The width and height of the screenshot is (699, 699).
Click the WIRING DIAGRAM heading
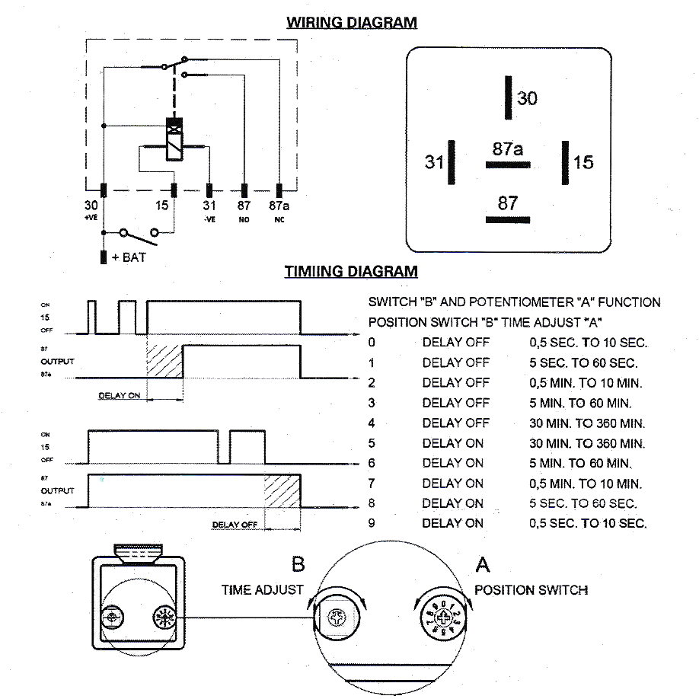coord(351,22)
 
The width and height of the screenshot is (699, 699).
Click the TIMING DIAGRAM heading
coord(351,271)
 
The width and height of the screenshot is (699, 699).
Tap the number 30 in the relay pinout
coord(527,98)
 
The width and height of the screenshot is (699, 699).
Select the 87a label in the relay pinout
coord(507,149)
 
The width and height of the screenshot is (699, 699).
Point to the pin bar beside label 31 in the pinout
coord(452,162)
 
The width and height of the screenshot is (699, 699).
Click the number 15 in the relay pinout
coord(583,162)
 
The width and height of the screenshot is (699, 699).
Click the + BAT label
coord(128,257)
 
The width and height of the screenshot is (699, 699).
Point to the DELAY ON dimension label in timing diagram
coord(120,396)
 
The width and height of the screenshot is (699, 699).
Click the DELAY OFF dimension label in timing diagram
coord(235,525)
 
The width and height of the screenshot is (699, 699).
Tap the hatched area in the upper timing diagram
coord(164,361)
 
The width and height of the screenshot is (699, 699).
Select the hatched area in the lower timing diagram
coord(282,491)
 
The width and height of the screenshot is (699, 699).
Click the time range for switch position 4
coord(587,423)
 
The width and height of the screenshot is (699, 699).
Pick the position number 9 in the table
coord(372,523)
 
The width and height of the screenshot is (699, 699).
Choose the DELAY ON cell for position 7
coord(453,484)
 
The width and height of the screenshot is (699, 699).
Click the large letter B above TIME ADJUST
coord(298,565)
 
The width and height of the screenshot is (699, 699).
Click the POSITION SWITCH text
coord(531,590)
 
